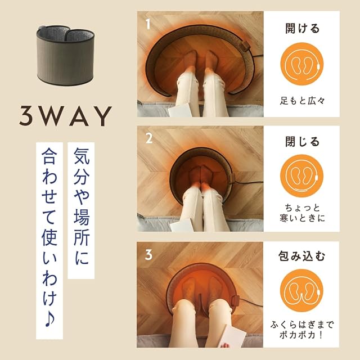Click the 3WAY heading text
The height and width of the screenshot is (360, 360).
pos(65,116)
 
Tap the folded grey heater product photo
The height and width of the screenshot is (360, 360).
pos(65,55)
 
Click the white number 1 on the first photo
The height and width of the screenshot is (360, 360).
pos(148,24)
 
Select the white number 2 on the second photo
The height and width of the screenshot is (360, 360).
pos(149,138)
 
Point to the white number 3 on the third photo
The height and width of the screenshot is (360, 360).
pos(148,254)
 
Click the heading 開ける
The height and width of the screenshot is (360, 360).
pos(302,28)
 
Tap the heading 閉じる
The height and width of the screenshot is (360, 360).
pos(302,141)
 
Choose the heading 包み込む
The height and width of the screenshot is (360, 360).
pos(301,256)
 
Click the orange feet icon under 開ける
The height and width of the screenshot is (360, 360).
pos(301,64)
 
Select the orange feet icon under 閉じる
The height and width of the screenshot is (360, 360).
pos(301,176)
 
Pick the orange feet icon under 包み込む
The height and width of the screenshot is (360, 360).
pos(301,291)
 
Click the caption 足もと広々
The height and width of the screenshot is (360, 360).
pos(302,101)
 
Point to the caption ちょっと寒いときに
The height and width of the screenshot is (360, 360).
pos(302,213)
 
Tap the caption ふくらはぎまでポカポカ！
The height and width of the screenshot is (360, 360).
pos(301,330)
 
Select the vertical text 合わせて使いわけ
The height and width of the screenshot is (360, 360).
pos(49,227)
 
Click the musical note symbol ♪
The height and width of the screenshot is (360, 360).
pos(49,319)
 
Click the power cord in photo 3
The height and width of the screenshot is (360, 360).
pos(251,303)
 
